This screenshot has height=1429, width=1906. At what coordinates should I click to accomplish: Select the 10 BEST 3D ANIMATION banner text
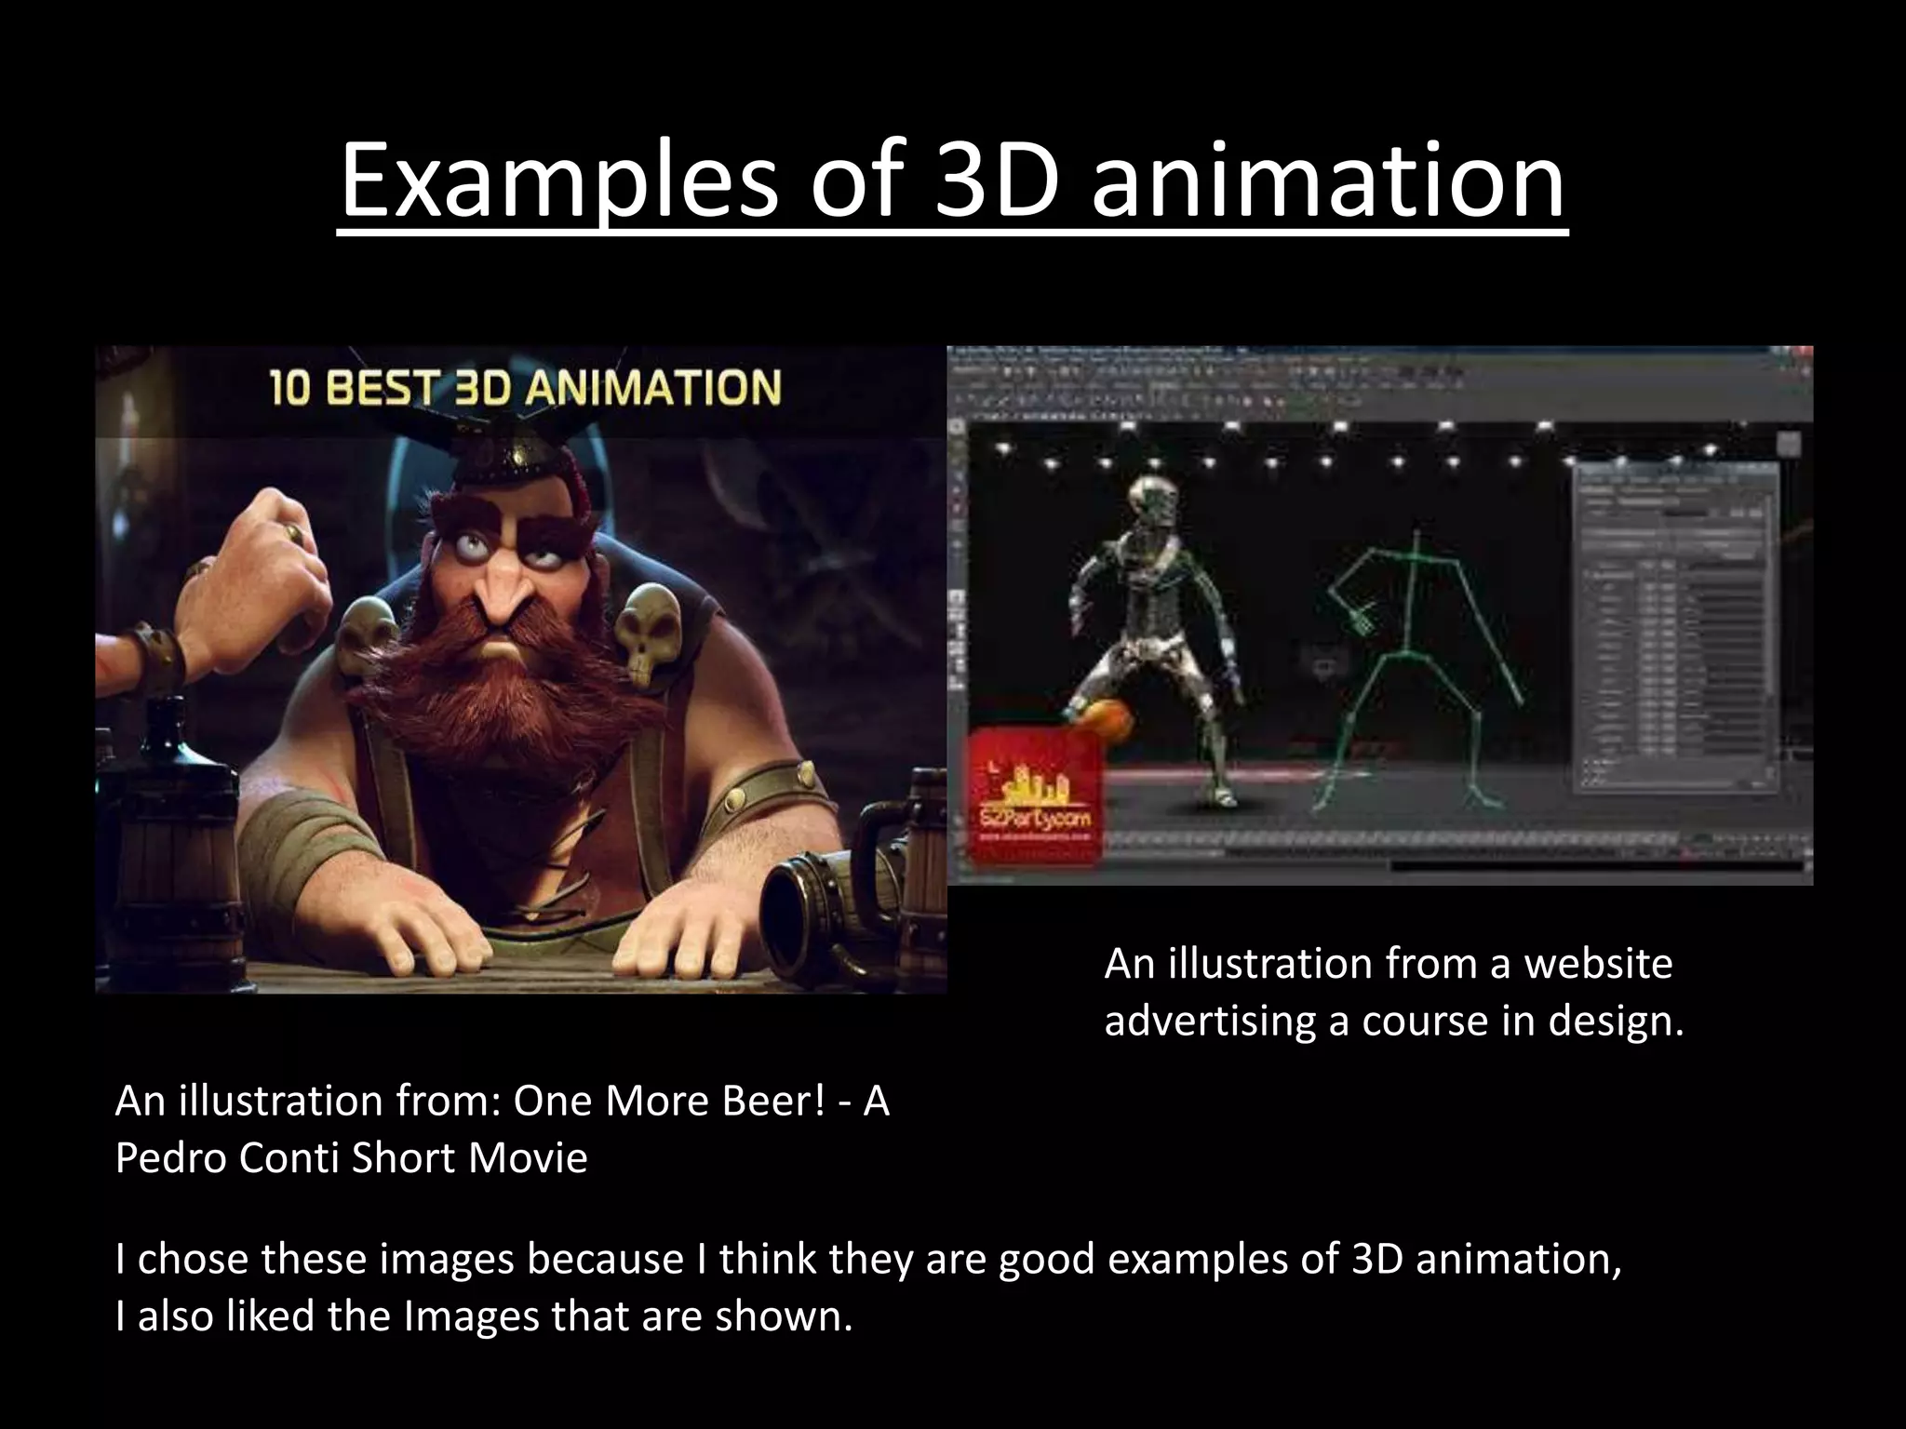(525, 388)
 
